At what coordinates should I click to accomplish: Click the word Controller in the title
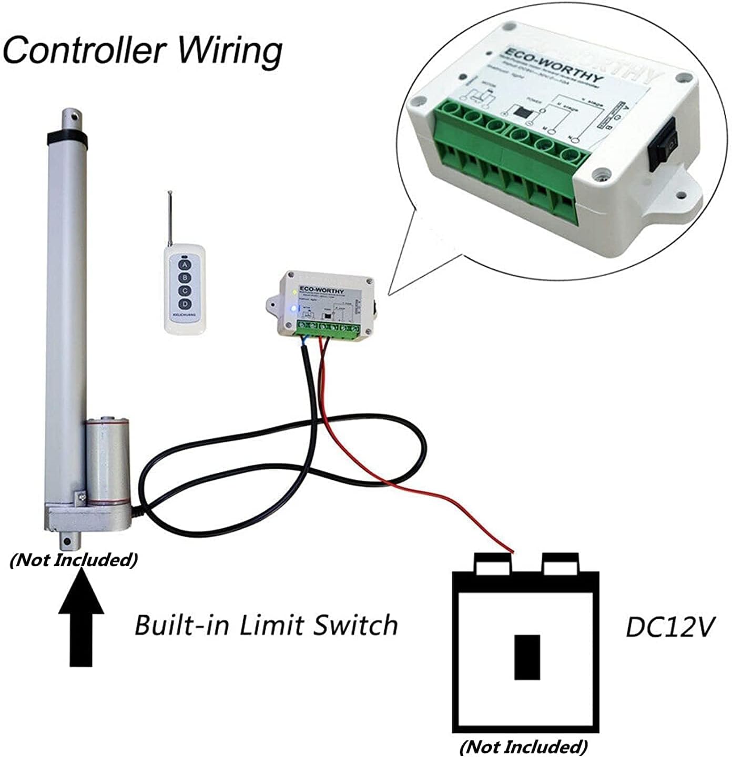pos(85,51)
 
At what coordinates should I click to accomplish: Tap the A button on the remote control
pos(184,265)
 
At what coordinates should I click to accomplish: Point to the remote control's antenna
pos(170,218)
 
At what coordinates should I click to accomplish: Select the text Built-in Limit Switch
pos(266,625)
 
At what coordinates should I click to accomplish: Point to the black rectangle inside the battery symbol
pos(527,657)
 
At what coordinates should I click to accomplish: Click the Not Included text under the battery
pos(523,746)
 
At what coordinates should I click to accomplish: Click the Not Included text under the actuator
pos(74,559)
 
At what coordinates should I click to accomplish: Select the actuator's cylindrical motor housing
pos(107,458)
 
